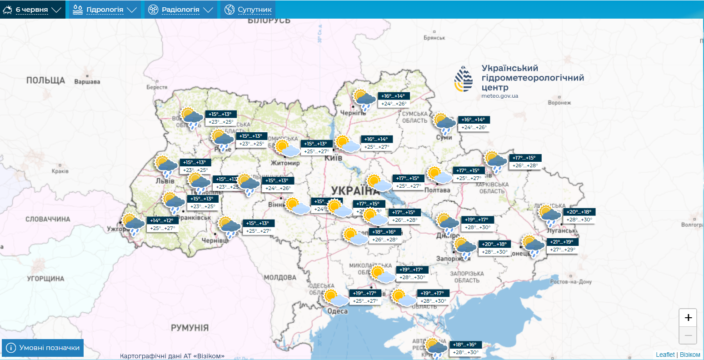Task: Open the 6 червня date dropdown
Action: pyautogui.click(x=32, y=10)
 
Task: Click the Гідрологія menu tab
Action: pyautogui.click(x=104, y=10)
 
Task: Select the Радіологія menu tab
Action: pyautogui.click(x=180, y=10)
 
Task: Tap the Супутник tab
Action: pyautogui.click(x=248, y=10)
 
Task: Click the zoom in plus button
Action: pyautogui.click(x=688, y=318)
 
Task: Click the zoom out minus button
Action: pyautogui.click(x=688, y=335)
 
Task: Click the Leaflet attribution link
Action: pyautogui.click(x=665, y=355)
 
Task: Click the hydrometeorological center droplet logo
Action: pyautogui.click(x=464, y=79)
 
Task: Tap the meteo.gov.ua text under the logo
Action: pyautogui.click(x=499, y=96)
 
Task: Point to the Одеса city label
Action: pyautogui.click(x=337, y=311)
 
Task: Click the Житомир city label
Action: pyautogui.click(x=285, y=163)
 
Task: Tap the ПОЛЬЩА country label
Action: pyautogui.click(x=45, y=80)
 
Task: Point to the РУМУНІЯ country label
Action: pyautogui.click(x=190, y=328)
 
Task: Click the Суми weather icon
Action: pyautogui.click(x=444, y=123)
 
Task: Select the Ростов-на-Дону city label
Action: pyautogui.click(x=570, y=282)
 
